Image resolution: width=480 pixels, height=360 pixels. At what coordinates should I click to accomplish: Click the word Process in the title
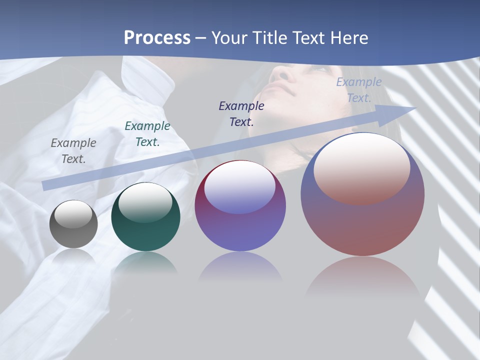(x=157, y=38)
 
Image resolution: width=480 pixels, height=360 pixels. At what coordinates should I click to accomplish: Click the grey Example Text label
(x=73, y=151)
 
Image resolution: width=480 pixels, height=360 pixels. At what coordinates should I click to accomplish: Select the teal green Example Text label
(x=147, y=134)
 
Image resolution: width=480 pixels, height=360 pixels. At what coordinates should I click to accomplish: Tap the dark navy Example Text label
(x=241, y=113)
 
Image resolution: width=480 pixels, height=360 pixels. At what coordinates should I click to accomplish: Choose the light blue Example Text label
(x=359, y=90)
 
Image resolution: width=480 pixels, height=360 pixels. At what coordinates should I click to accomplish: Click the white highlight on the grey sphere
(x=73, y=214)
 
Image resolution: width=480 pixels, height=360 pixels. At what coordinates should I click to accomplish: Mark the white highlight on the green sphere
(x=145, y=201)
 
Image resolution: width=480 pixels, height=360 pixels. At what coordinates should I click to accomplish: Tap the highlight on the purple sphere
(x=239, y=187)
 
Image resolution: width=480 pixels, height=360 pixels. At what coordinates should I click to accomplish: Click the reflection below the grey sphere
(x=73, y=256)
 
